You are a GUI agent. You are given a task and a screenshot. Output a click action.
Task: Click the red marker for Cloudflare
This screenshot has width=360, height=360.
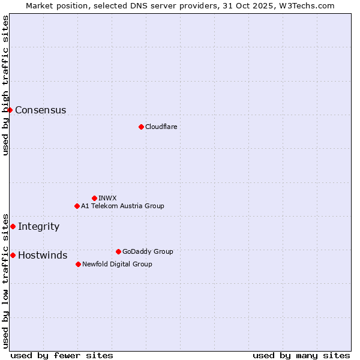point(141,127)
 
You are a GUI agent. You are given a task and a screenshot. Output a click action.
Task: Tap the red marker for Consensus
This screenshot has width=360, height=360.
point(10,110)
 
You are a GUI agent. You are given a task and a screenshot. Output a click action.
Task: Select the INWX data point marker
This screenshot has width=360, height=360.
point(94,198)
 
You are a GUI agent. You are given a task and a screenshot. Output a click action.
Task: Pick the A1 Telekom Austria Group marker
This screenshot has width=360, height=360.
point(77,206)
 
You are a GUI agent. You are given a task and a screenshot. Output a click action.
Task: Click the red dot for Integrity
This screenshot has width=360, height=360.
point(13,226)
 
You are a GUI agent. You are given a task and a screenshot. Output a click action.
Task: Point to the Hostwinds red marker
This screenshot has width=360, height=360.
point(13,255)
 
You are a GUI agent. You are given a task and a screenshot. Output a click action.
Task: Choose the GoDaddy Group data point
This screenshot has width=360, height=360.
point(118,251)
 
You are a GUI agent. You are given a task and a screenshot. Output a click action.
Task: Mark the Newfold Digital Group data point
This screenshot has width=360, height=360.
point(78,264)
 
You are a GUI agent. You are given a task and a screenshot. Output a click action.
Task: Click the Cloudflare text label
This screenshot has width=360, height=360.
point(161,127)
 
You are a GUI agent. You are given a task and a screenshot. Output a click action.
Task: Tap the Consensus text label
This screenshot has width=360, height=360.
point(40,110)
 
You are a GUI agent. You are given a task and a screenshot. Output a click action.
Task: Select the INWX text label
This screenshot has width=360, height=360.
point(107,198)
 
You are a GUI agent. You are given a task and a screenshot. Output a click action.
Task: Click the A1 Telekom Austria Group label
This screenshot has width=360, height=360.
point(122,206)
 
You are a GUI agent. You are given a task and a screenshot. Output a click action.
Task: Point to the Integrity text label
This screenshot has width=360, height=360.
point(38,226)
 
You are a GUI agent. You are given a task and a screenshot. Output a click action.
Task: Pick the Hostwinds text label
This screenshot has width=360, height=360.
point(43,255)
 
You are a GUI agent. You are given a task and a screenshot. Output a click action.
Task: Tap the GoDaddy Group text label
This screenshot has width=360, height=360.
point(148,251)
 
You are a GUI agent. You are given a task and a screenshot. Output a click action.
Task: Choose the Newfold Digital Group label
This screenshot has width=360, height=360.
point(117,264)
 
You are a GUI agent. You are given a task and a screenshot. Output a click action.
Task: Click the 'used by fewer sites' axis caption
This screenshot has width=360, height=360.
point(62,355)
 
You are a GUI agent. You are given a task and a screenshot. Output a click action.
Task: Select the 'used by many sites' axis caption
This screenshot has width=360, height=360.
point(301,355)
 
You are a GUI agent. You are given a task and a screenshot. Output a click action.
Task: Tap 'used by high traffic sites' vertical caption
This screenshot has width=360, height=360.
point(5,85)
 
